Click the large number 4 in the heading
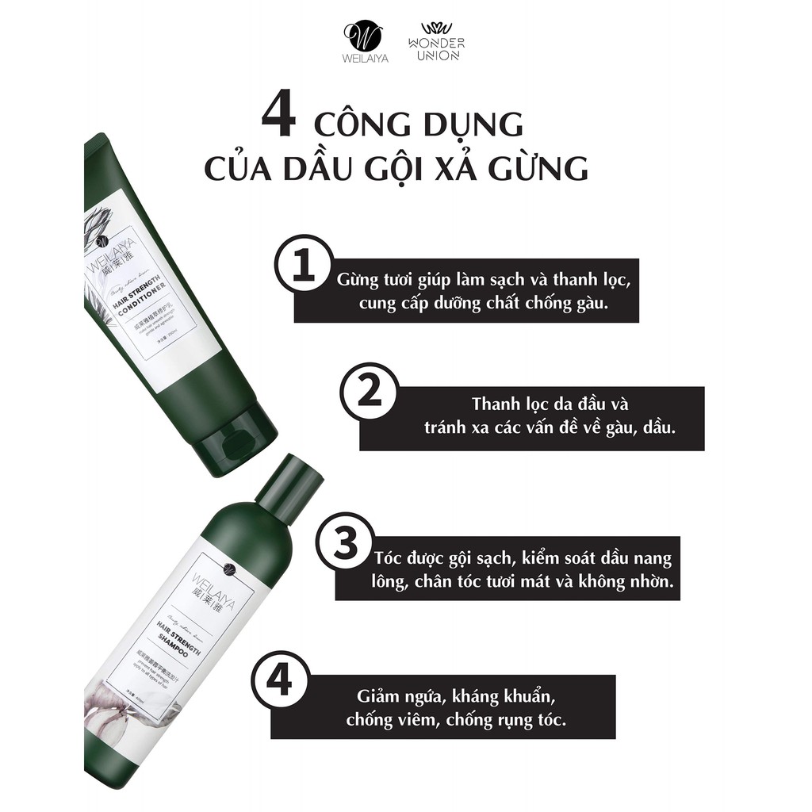(x=278, y=117)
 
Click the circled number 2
(x=367, y=393)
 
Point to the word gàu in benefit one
(x=591, y=304)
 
